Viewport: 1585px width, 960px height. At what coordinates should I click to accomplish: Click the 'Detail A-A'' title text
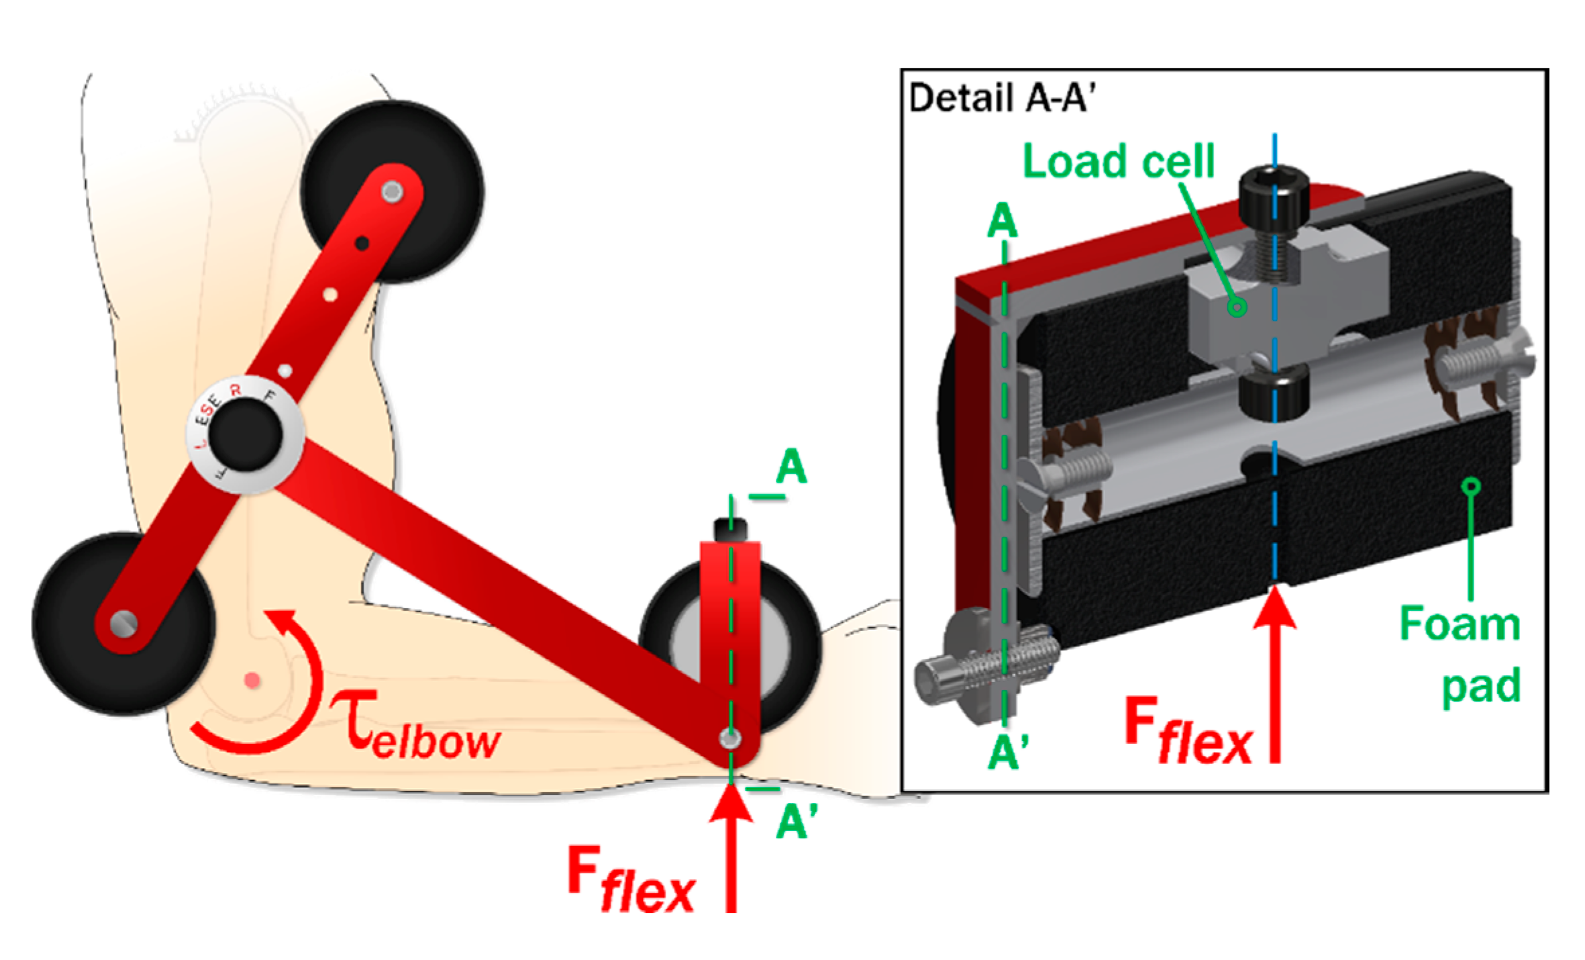[x=1001, y=99]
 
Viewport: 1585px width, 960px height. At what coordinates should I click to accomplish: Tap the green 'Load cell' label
[x=1118, y=162]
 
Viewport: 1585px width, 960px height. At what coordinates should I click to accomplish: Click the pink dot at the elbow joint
[x=252, y=681]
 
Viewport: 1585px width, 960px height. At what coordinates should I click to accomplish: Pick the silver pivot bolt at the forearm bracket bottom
[x=730, y=738]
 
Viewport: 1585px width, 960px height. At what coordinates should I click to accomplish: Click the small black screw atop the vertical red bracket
[x=730, y=529]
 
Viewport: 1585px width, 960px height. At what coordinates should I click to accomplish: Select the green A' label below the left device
[x=797, y=820]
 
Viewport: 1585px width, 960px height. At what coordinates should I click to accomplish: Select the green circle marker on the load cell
[x=1237, y=307]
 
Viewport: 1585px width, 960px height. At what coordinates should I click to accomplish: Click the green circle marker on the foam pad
[x=1471, y=486]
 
